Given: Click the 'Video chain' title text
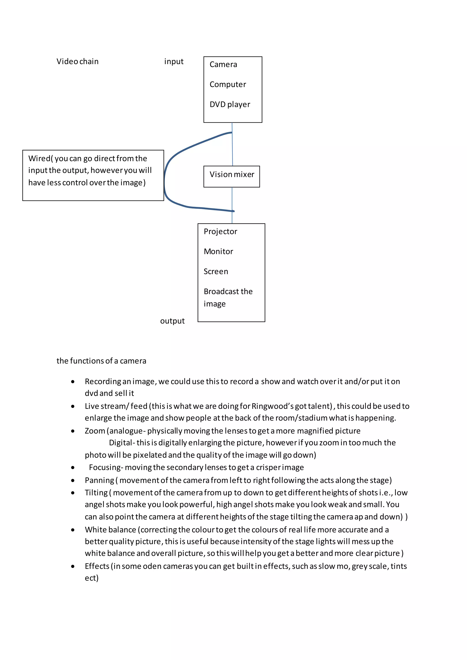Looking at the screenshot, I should (x=77, y=62).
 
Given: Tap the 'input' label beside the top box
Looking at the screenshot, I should (x=174, y=62).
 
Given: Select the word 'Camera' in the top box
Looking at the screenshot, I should (x=223, y=64).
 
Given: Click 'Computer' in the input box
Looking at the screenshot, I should (x=228, y=85).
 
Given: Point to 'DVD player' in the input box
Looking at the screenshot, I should (x=230, y=104).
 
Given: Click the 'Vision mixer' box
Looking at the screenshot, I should (x=232, y=176).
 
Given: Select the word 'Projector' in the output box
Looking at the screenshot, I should (x=220, y=231).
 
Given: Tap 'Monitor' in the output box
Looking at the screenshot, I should (x=218, y=252).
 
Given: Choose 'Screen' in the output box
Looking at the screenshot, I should (x=216, y=272).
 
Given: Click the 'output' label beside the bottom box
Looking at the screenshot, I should (x=172, y=321).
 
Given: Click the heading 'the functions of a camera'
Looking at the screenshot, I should (x=101, y=361).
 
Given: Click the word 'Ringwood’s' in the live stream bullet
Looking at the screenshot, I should (x=272, y=406).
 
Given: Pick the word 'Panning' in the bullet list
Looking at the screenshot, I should (x=99, y=480).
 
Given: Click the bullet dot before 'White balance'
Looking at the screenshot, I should (x=73, y=530).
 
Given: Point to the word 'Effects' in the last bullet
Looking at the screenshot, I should (x=97, y=566).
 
